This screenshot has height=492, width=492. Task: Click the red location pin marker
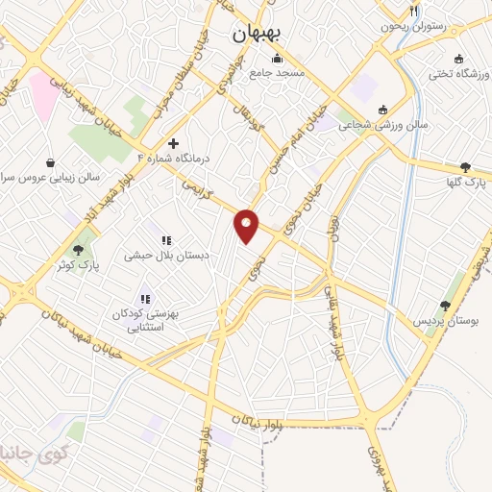tap(247, 225)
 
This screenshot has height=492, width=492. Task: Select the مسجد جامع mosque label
tap(277, 72)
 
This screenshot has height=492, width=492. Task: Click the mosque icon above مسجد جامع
tap(278, 57)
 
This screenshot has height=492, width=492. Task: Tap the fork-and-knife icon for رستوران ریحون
tap(414, 11)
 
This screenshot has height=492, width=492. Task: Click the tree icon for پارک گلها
tap(466, 166)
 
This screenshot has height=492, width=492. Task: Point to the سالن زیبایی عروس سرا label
tap(50, 178)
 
